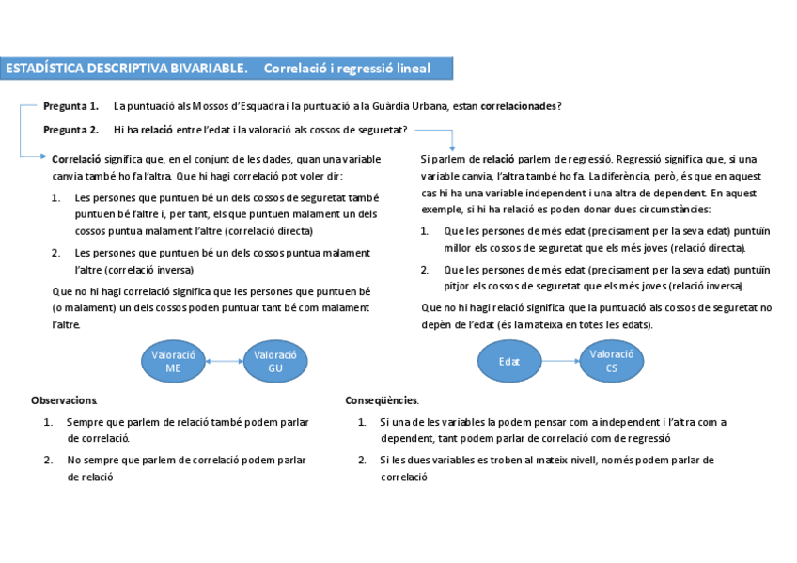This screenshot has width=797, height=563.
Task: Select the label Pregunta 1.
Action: pos(71,106)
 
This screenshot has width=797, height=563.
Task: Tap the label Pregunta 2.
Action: pos(71,130)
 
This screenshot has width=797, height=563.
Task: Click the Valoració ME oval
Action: pos(173,362)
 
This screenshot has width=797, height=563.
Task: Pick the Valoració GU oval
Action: pos(275,362)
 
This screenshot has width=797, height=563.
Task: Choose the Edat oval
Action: pos(508,361)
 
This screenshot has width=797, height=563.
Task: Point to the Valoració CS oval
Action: pos(612,361)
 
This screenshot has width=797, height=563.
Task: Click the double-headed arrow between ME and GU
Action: pos(225,362)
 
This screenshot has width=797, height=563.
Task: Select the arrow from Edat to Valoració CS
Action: pos(560,361)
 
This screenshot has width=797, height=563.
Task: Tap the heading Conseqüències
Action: pos(383,400)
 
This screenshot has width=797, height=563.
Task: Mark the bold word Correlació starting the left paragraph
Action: pos(76,159)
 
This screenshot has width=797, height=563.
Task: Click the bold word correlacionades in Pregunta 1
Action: pos(518,106)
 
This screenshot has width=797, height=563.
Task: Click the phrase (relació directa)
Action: pos(711,248)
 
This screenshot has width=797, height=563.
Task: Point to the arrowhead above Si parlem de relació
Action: pos(452,146)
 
